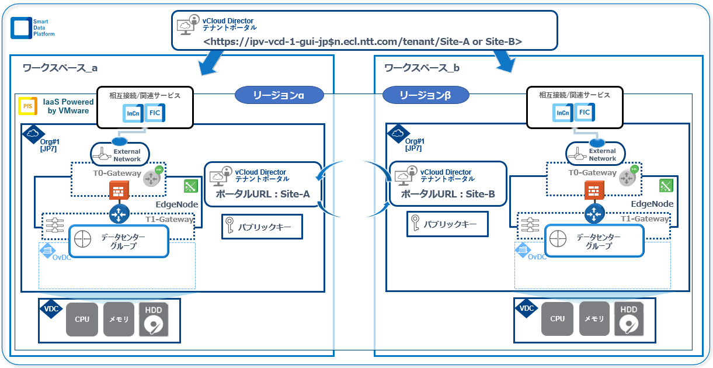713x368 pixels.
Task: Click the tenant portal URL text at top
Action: pyautogui.click(x=362, y=41)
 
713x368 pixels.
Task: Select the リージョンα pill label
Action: pyautogui.click(x=279, y=95)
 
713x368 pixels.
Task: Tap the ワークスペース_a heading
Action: pyautogui.click(x=60, y=68)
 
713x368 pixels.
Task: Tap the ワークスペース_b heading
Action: pyautogui.click(x=422, y=68)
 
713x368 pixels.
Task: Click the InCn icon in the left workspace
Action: pyautogui.click(x=133, y=113)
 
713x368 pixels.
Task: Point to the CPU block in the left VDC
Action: pyautogui.click(x=82, y=320)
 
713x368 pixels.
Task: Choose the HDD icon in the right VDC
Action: pyautogui.click(x=628, y=319)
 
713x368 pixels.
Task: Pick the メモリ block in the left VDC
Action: pyautogui.click(x=119, y=320)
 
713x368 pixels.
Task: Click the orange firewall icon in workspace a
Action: pyautogui.click(x=119, y=190)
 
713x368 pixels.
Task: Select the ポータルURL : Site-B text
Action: pyautogui.click(x=447, y=194)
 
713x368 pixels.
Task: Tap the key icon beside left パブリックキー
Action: pyautogui.click(x=232, y=225)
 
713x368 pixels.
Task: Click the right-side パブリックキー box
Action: pyautogui.click(x=447, y=224)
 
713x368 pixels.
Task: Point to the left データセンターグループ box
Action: pyautogui.click(x=119, y=241)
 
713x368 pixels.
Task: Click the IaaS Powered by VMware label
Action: pyautogui.click(x=66, y=106)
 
